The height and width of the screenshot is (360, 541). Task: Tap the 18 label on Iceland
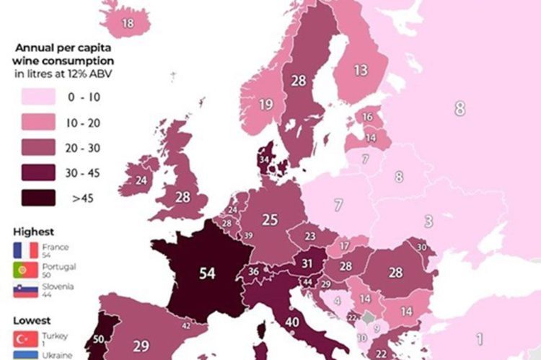pyautogui.click(x=128, y=23)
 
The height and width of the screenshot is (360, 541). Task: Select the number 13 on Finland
pyautogui.click(x=360, y=70)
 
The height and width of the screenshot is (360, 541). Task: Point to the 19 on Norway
pyautogui.click(x=265, y=105)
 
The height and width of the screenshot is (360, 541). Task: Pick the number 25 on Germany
pyautogui.click(x=270, y=219)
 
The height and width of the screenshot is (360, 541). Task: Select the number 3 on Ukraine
pyautogui.click(x=428, y=221)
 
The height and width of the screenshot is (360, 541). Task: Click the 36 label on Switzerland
pyautogui.click(x=254, y=271)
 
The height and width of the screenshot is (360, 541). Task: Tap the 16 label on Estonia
pyautogui.click(x=367, y=117)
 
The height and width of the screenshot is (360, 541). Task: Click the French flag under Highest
pyautogui.click(x=25, y=250)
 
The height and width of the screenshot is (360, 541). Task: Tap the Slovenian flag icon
pyautogui.click(x=25, y=290)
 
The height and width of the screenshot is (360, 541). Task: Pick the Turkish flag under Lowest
pyautogui.click(x=25, y=338)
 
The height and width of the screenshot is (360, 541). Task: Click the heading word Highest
pyautogui.click(x=33, y=232)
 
